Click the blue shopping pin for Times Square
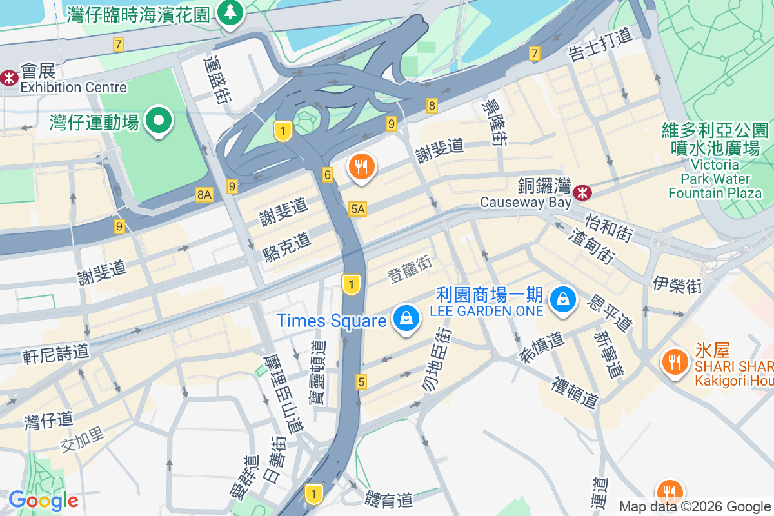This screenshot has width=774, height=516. [x=406, y=319]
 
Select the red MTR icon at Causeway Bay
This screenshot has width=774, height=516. [x=582, y=191]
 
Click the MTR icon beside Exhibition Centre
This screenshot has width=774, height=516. [x=9, y=78]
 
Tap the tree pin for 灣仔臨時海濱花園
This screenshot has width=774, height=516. [x=228, y=12]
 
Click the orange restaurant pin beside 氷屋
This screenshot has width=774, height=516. [x=675, y=362]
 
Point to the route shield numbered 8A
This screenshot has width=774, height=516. [x=204, y=193]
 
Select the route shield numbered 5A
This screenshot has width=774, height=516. [x=357, y=208]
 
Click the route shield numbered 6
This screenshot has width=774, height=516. [x=328, y=174]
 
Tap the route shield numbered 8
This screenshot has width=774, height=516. [x=432, y=105]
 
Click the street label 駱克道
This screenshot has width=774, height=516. [x=287, y=246]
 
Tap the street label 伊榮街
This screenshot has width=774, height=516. [x=677, y=284]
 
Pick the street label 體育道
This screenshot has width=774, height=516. [x=388, y=499]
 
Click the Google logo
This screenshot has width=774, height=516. [x=43, y=501]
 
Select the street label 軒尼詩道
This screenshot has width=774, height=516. [x=55, y=353]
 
